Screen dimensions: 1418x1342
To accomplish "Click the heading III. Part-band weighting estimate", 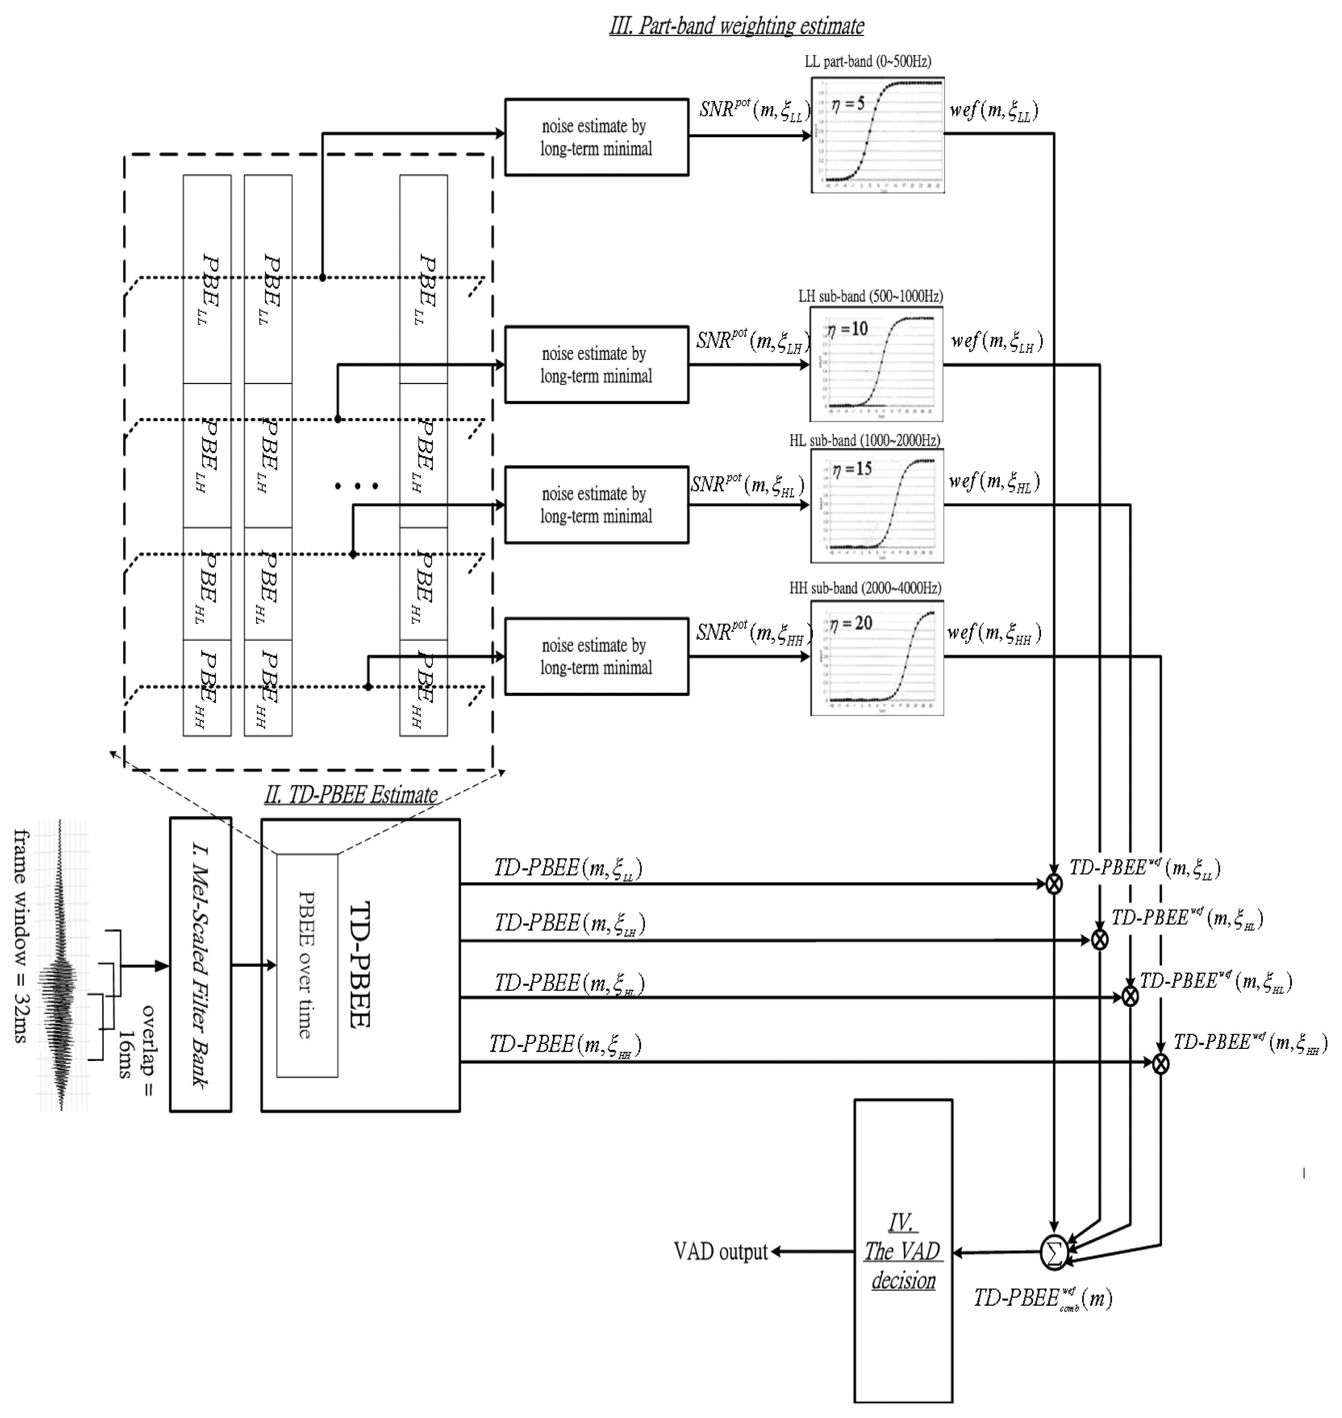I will pos(736,26).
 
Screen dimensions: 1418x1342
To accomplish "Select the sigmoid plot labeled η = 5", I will pos(878,135).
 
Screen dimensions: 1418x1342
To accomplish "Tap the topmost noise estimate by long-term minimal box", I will pos(597,137).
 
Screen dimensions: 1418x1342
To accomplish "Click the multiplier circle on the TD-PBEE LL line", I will pos(1054,884).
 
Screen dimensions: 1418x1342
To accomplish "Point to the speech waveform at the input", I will pos(61,966).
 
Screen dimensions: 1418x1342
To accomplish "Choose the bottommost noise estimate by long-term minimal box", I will pos(597,656).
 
